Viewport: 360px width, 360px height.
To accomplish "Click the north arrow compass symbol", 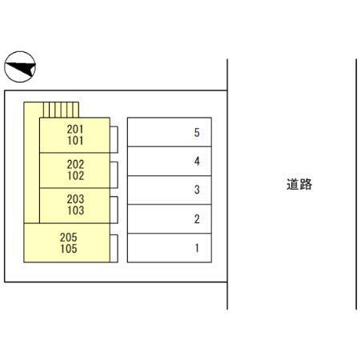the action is point(20,66).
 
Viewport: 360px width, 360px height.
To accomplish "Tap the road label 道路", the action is point(299,184).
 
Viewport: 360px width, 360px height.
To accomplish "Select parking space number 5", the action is point(170,132).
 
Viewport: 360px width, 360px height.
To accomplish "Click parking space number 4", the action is point(170,161).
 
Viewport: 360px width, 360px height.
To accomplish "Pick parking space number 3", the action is point(170,190).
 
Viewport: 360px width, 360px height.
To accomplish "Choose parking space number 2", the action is point(170,219).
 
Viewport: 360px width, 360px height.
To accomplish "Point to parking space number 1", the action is point(170,248).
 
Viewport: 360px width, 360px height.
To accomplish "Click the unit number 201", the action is point(75,130).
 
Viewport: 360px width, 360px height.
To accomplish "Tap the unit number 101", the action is point(75,141).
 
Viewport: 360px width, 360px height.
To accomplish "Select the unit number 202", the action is point(75,164).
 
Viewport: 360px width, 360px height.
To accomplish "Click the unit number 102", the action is point(75,175).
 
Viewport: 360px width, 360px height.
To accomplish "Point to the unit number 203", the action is point(75,199).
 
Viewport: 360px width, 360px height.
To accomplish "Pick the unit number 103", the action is point(75,210).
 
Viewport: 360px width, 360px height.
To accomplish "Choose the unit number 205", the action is point(69,238).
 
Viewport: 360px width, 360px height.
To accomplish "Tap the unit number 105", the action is point(69,249).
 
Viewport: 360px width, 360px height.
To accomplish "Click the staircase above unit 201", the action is point(61,110).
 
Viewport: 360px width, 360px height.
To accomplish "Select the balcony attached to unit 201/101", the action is point(114,140).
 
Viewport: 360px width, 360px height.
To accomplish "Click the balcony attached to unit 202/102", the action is point(114,175).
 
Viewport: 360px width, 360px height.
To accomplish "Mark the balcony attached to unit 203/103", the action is point(114,210).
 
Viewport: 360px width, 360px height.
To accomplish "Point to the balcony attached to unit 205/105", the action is point(114,249).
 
